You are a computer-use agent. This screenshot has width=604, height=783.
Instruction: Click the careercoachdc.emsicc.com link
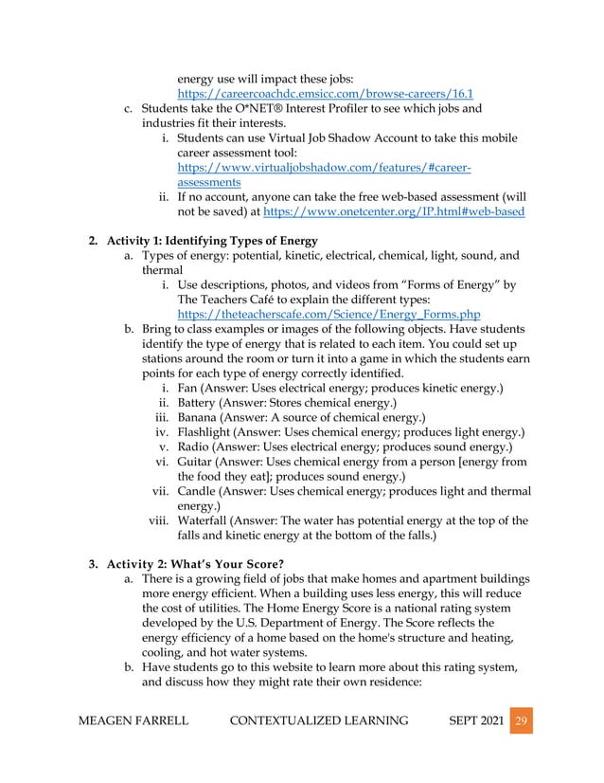(x=326, y=94)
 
